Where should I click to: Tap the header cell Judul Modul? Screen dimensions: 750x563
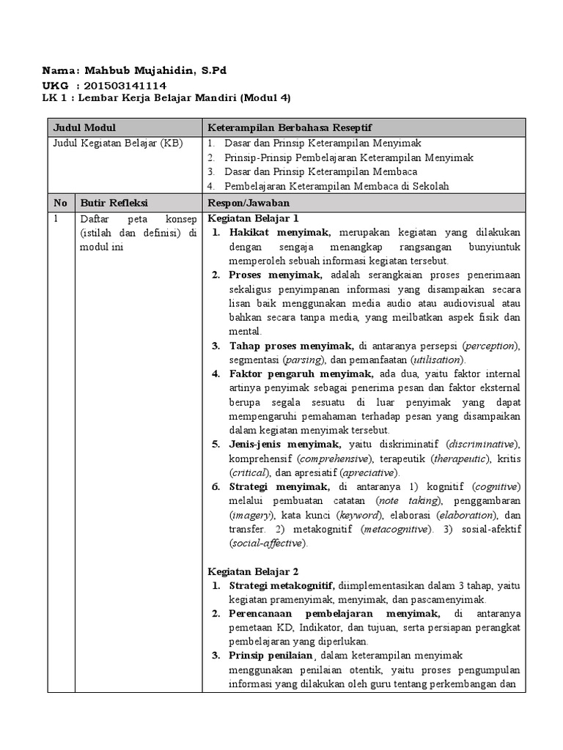84,127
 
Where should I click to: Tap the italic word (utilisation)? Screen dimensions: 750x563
437,360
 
